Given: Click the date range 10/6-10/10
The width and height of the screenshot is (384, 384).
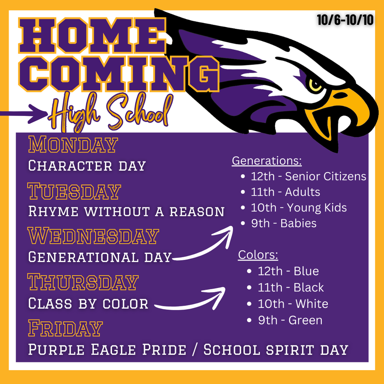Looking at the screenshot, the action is coord(345,20).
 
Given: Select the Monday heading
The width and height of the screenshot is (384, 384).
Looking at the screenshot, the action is coord(73,144).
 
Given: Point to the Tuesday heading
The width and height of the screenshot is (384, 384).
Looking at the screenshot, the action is coord(74,191).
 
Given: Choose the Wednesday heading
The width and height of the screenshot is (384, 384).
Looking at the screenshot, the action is coord(93,236).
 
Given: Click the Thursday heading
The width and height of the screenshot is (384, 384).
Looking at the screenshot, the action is coord(83,282).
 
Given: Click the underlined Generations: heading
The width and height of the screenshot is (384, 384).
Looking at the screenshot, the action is coord(267,161).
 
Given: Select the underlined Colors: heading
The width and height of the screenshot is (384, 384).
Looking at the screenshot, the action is coord(258,255).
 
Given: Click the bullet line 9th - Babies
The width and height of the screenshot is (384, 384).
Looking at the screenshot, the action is coord(279,223).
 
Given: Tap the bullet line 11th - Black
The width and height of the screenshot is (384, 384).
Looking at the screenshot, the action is coord(285,287).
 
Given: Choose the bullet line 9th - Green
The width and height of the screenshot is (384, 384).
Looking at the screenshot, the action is coord(285,320).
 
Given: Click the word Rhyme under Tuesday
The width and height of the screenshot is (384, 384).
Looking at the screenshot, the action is coord(53,211).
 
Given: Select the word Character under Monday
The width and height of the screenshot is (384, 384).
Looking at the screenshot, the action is coord(70,165).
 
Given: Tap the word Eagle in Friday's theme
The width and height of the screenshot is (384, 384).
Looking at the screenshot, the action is coord(113,349).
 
